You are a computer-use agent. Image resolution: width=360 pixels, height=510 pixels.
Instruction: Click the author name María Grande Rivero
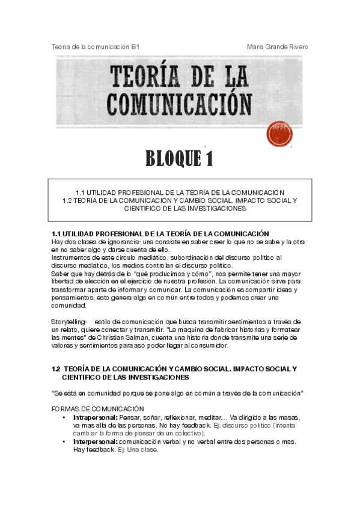coord(278,46)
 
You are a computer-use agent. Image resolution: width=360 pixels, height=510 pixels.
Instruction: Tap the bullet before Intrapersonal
coord(64,417)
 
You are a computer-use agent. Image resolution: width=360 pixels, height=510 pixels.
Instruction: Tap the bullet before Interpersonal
coord(64,441)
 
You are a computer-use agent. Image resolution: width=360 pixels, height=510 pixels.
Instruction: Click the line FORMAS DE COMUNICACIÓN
coord(98,408)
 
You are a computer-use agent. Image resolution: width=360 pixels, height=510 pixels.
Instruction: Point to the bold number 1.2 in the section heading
coord(56,368)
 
